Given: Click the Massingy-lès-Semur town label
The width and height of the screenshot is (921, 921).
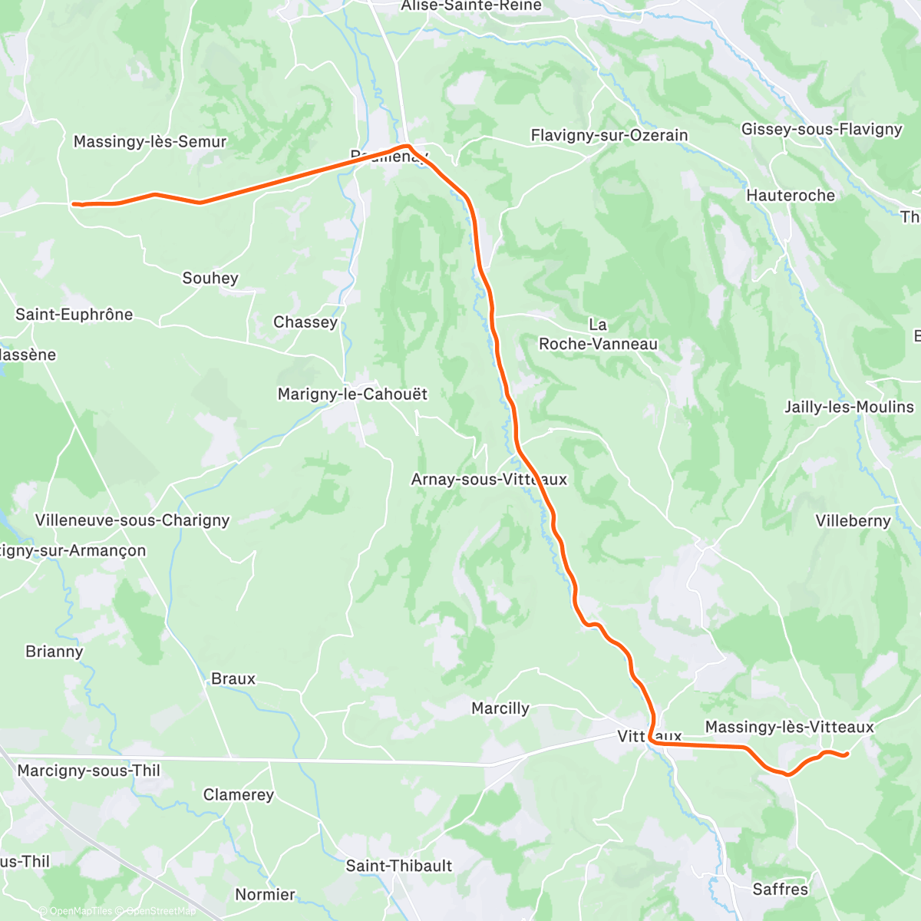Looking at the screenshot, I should click(x=150, y=142).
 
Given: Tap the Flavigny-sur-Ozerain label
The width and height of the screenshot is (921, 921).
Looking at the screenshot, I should click(x=609, y=136).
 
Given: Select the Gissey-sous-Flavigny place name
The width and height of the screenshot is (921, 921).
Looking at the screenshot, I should click(x=821, y=129).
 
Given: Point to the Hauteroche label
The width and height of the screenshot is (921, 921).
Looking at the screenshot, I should click(x=791, y=196).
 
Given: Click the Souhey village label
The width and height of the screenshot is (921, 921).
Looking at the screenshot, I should click(x=210, y=279).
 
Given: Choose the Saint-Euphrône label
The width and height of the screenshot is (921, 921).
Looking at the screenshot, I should click(x=74, y=315).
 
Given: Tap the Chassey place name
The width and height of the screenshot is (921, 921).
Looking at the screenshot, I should click(x=305, y=322).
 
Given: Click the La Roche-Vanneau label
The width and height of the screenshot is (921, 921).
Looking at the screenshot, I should click(x=598, y=335).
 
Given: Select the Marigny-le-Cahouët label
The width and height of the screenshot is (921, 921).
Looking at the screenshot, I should click(x=352, y=394).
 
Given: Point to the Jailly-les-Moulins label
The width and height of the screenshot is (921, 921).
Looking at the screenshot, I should click(x=849, y=408).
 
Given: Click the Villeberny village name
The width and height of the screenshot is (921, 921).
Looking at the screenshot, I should click(x=853, y=521).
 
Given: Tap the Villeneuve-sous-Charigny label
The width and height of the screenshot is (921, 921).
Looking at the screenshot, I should click(x=133, y=520).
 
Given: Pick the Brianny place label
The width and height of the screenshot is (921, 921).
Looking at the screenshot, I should click(x=54, y=652).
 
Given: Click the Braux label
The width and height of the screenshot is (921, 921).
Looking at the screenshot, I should click(x=233, y=679).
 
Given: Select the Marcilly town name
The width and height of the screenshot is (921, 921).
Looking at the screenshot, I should click(x=500, y=708).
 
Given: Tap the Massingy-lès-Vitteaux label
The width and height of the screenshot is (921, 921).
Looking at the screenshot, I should click(x=789, y=727).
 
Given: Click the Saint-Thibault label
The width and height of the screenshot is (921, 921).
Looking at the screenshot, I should click(x=399, y=866).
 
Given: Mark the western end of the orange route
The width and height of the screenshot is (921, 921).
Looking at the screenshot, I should click(x=74, y=204).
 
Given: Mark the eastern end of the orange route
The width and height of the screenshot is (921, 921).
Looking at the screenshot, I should click(x=846, y=756).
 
